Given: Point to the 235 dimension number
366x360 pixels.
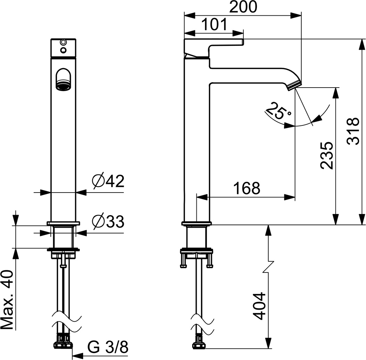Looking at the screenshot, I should pyautogui.click(x=327, y=155).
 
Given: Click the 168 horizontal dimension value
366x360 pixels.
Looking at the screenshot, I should pyautogui.click(x=246, y=188).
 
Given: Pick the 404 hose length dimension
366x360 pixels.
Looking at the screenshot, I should pyautogui.click(x=259, y=306).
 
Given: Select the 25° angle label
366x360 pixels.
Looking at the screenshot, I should pyautogui.click(x=278, y=112).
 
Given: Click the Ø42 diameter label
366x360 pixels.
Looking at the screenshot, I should pyautogui.click(x=108, y=181).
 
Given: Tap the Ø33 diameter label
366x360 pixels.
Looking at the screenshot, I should pyautogui.click(x=108, y=221).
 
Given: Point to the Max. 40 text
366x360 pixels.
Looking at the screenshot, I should pyautogui.click(x=7, y=300).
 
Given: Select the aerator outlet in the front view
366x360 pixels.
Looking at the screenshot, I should pyautogui.click(x=63, y=84).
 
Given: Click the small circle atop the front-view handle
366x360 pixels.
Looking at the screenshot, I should pyautogui.click(x=63, y=42).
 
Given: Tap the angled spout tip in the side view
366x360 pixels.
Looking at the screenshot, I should pyautogui.click(x=294, y=84).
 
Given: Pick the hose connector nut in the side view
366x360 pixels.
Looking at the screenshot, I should pyautogui.click(x=199, y=343).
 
